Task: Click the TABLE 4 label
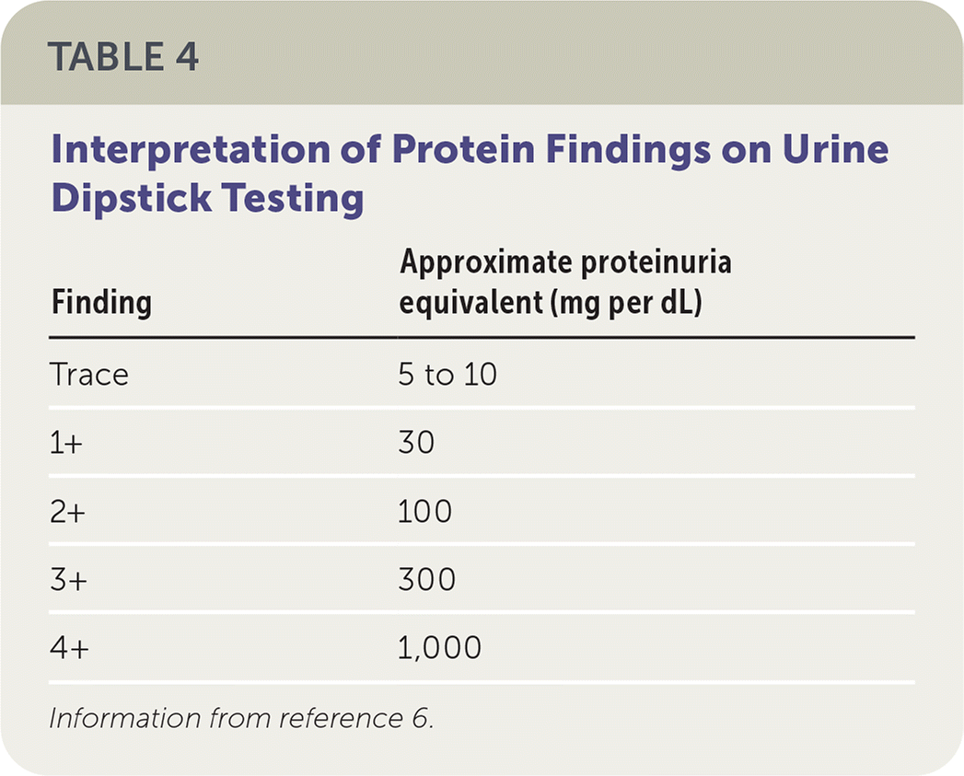[x=123, y=56]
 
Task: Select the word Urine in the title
[x=835, y=149]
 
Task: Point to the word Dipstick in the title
[x=132, y=199]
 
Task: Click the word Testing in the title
[x=294, y=199]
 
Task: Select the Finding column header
[x=101, y=303]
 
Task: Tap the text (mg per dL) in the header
[x=626, y=303]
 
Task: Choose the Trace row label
[x=89, y=375]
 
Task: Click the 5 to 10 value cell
[x=447, y=375]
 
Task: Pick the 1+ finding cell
[x=65, y=443]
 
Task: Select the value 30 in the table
[x=416, y=443]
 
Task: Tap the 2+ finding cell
[x=67, y=512]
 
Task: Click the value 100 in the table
[x=424, y=512]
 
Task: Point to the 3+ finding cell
[x=68, y=580]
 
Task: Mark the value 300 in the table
[x=426, y=580]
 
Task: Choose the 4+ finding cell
[x=69, y=648]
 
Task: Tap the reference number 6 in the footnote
[x=421, y=718]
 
